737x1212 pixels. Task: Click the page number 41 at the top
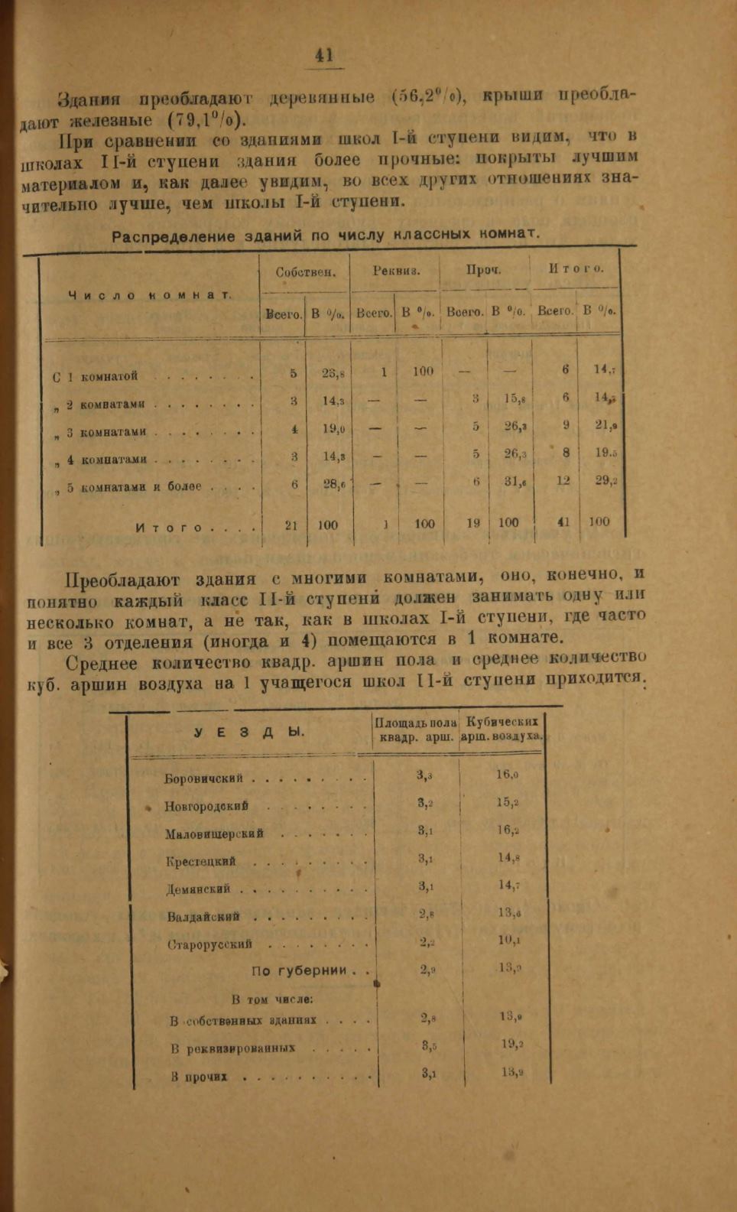(x=323, y=55)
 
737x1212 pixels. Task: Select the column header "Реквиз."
(x=396, y=270)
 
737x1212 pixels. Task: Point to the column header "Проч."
(x=483, y=270)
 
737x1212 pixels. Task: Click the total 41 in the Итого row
(x=565, y=523)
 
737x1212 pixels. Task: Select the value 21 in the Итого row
(x=291, y=525)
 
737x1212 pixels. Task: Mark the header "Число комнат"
(x=150, y=295)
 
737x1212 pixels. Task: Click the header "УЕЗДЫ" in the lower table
(x=249, y=732)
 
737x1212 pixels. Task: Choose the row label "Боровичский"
(x=203, y=779)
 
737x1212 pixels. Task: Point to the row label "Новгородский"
(x=206, y=806)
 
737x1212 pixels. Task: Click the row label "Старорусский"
(x=209, y=944)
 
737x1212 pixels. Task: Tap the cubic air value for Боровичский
(x=507, y=775)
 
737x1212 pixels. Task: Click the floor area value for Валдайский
(x=427, y=913)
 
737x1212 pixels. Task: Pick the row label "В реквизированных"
(x=232, y=1048)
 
